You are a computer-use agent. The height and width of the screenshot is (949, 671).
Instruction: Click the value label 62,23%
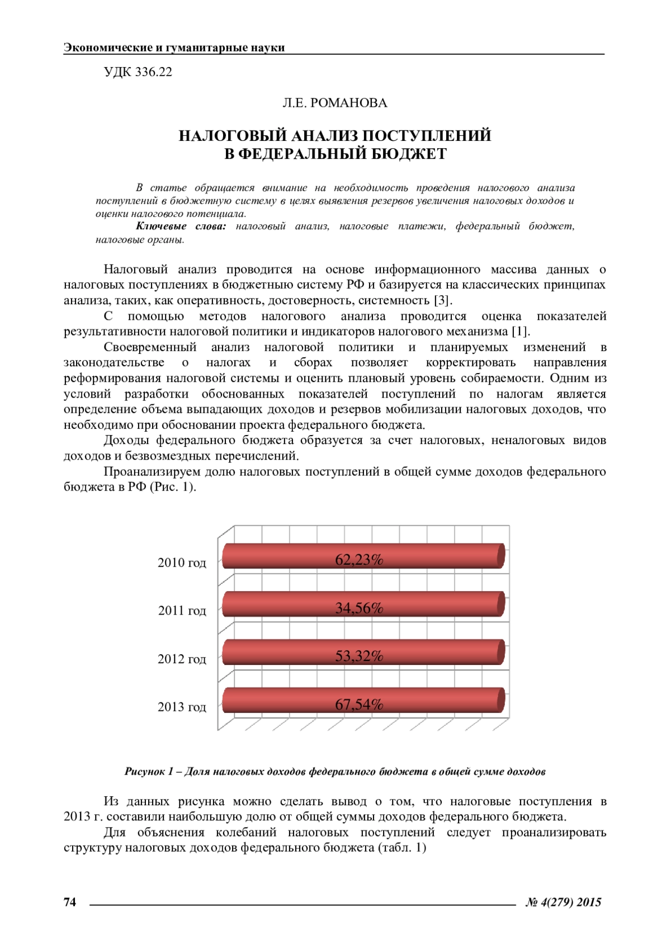click(359, 560)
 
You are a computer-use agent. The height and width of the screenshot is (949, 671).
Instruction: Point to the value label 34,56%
click(359, 608)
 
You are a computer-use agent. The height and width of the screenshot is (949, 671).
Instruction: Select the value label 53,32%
click(359, 656)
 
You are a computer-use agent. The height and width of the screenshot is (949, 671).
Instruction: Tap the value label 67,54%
click(359, 705)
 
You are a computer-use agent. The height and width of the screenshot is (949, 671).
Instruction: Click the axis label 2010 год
click(182, 563)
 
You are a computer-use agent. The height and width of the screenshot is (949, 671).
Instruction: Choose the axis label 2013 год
click(182, 707)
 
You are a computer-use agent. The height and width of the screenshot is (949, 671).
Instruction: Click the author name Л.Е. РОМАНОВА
click(335, 103)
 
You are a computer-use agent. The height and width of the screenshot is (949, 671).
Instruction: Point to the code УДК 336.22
click(138, 72)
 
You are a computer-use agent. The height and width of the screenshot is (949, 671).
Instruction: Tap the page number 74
click(70, 901)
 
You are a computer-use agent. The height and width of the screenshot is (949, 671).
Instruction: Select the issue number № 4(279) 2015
click(563, 902)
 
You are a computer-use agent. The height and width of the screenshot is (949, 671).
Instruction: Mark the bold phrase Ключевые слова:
click(181, 226)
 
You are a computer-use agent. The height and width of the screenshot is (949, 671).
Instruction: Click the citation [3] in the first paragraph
click(442, 300)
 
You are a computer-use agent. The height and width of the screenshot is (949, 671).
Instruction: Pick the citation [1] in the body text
click(520, 331)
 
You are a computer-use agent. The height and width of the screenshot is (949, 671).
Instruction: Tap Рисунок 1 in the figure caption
click(149, 772)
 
